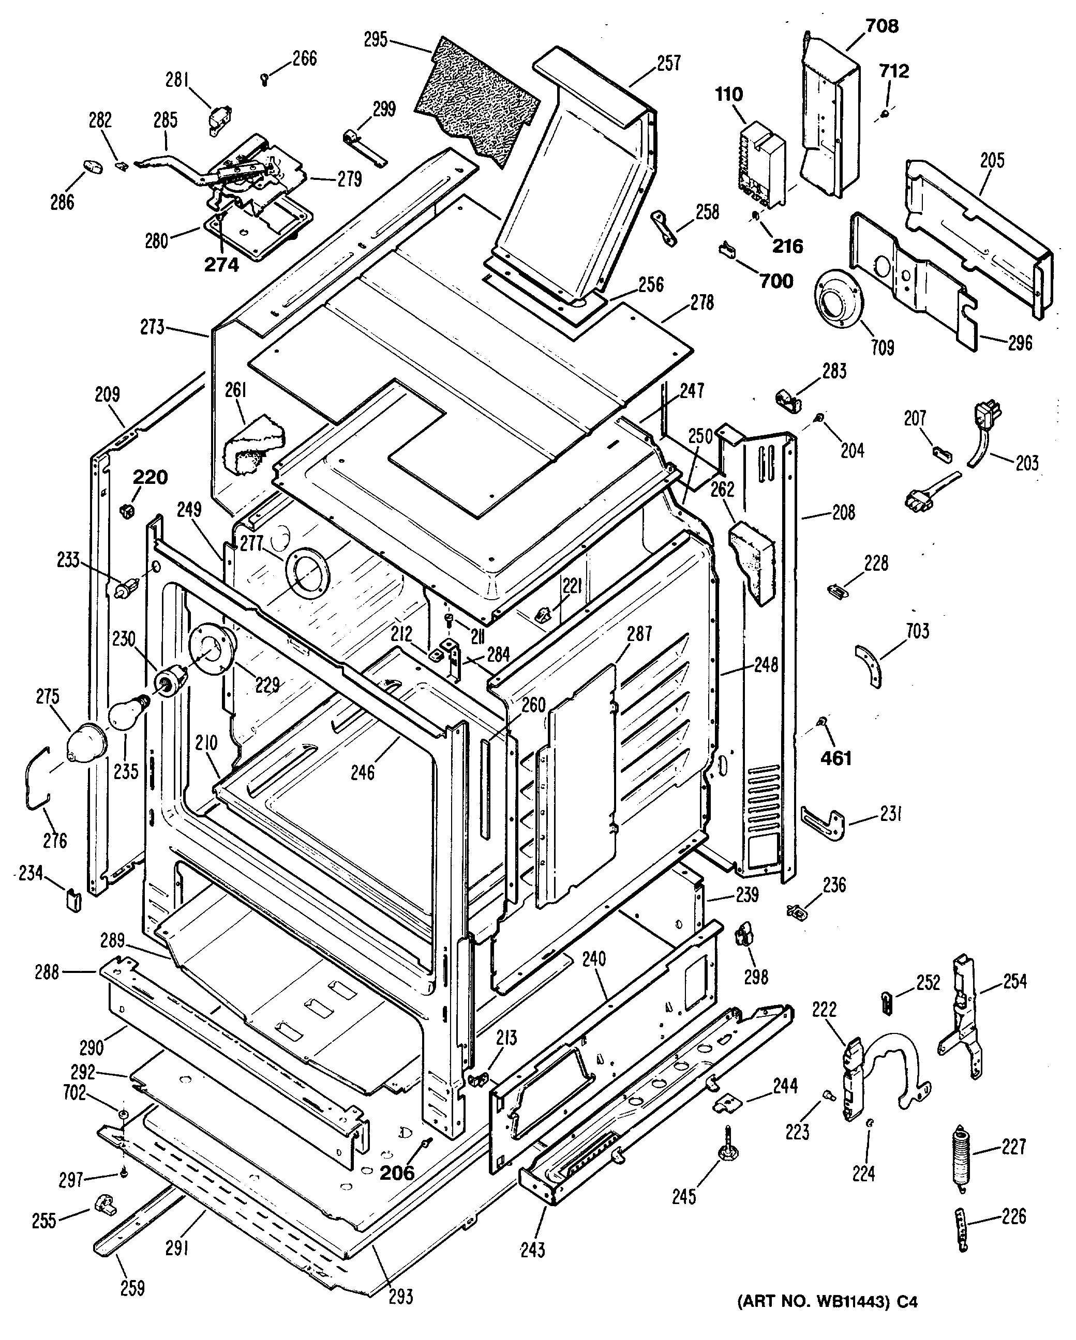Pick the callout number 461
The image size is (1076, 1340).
(836, 758)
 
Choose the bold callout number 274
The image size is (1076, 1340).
(221, 265)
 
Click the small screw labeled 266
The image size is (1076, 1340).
(265, 78)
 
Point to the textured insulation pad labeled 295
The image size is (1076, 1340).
(476, 99)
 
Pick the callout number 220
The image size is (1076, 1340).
(150, 477)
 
